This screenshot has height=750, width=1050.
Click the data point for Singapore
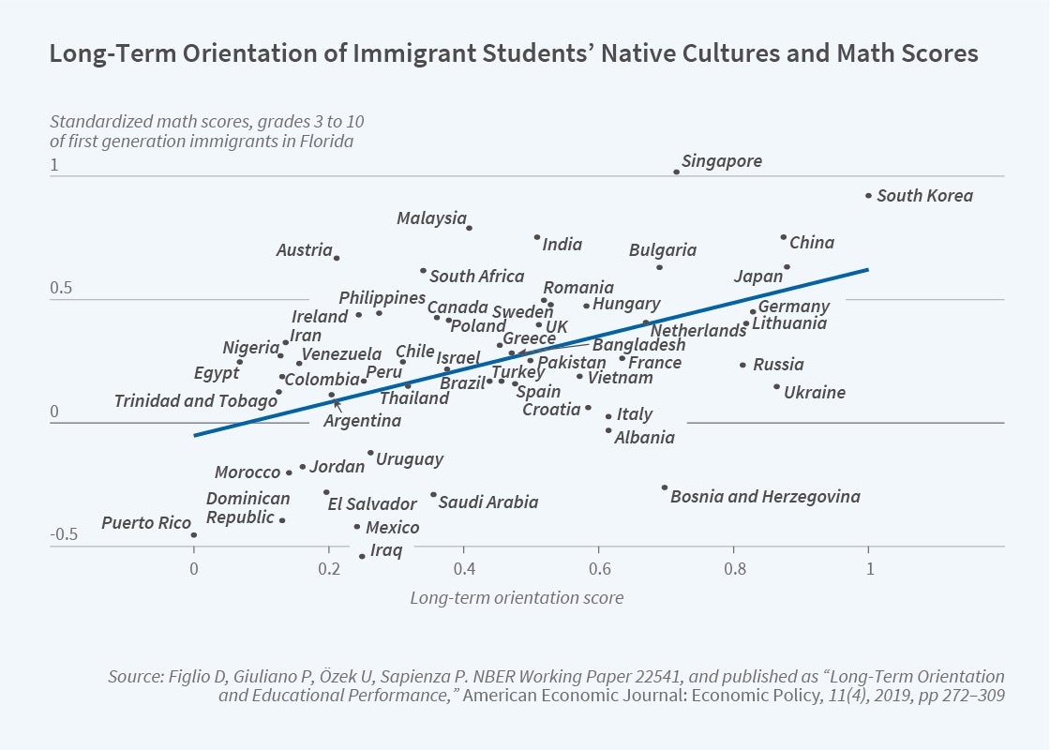pyautogui.click(x=676, y=172)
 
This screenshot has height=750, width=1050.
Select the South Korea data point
pyautogui.click(x=868, y=196)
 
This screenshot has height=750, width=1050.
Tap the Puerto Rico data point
pyautogui.click(x=194, y=535)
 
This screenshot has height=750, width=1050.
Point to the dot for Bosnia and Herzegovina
pyautogui.click(x=665, y=487)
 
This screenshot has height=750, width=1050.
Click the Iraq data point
pyautogui.click(x=362, y=557)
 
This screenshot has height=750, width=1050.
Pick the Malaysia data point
pyautogui.click(x=469, y=228)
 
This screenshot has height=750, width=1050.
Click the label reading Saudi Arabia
pyautogui.click(x=488, y=502)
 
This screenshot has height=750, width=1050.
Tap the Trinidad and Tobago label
pyautogui.click(x=195, y=401)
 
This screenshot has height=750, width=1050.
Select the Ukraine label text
pyautogui.click(x=815, y=393)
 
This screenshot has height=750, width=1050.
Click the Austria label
pyautogui.click(x=304, y=250)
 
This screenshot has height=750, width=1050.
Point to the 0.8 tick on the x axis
pyautogui.click(x=734, y=569)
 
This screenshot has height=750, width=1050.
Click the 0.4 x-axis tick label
pyautogui.click(x=464, y=569)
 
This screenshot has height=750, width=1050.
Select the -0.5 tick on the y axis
pyautogui.click(x=64, y=535)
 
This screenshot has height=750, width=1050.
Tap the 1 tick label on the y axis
pyautogui.click(x=54, y=166)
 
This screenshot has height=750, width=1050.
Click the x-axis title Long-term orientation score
pyautogui.click(x=517, y=597)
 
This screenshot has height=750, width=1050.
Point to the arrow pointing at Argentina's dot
pyautogui.click(x=337, y=405)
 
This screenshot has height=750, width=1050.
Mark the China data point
pyautogui.click(x=784, y=237)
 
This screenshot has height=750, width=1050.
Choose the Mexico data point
pyautogui.click(x=357, y=527)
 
